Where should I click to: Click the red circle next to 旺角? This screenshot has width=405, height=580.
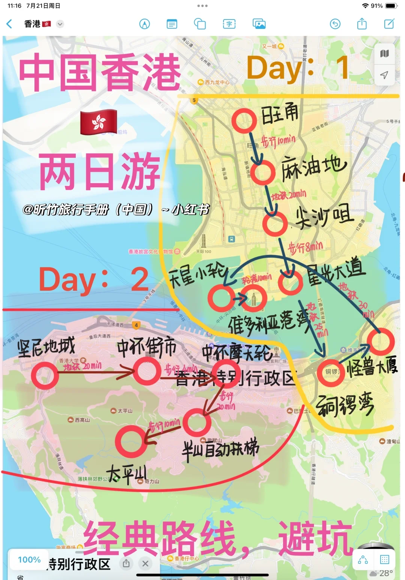pos(244,121)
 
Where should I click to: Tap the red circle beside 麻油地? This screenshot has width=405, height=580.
pos(263,172)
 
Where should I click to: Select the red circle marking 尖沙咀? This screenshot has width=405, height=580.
pos(275,224)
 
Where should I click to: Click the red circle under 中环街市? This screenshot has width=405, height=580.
pos(147,371)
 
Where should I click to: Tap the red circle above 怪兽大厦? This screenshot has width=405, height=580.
pos(380,342)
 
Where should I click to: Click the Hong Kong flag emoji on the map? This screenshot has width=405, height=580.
pos(99,122)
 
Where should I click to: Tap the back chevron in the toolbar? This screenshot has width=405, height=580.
pos(10,24)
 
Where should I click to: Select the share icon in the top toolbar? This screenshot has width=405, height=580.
pos(362,24)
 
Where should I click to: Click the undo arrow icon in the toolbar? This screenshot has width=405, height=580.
pos(335,24)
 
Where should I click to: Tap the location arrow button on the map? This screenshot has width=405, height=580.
pos(384,75)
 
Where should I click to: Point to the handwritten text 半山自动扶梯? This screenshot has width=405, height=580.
pos(220,449)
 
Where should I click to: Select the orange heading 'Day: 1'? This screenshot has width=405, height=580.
pos(298,68)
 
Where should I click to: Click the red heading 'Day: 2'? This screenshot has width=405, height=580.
pos(94,279)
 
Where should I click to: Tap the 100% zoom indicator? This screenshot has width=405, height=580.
pos(29,560)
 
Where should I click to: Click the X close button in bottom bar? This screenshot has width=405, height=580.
pos(145,563)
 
